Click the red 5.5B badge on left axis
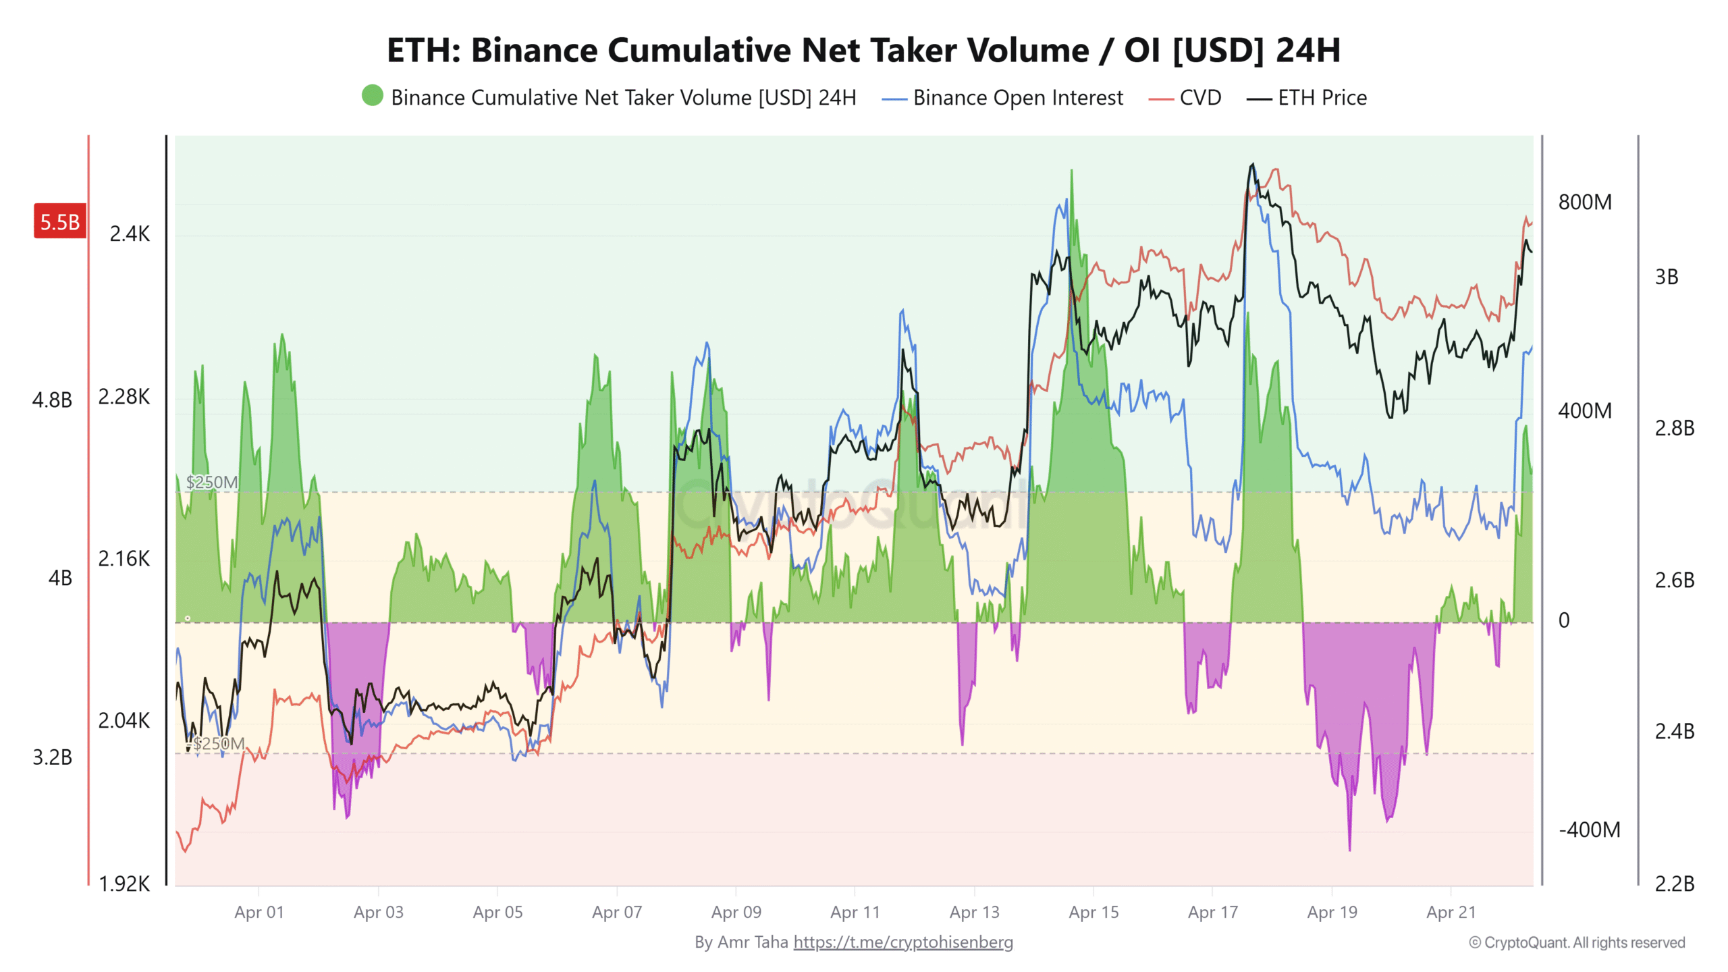[59, 221]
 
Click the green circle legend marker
[372, 96]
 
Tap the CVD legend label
[1200, 98]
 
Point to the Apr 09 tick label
[736, 912]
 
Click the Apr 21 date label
[1451, 912]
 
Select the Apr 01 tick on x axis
[259, 912]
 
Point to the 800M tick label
[1584, 202]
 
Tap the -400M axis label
[1589, 830]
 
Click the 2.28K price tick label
[124, 396]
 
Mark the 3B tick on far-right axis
[1666, 277]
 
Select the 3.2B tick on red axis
[52, 757]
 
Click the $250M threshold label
[212, 482]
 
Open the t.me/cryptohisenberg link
[902, 942]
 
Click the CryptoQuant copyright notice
[1577, 942]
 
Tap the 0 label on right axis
[1564, 620]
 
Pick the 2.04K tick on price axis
[124, 720]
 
